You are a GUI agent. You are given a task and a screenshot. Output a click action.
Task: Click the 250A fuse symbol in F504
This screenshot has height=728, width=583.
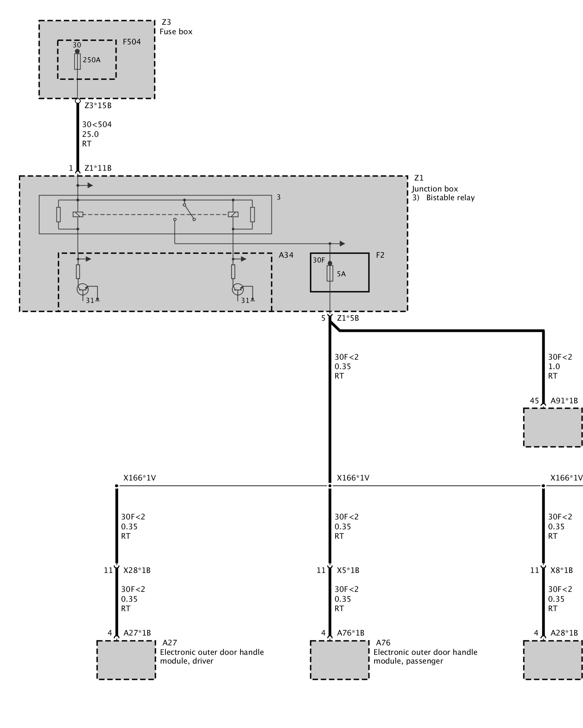point(77,62)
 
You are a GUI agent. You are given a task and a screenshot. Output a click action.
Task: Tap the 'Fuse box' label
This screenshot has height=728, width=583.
point(176,32)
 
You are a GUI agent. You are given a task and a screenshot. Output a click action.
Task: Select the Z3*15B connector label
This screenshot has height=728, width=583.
point(98,106)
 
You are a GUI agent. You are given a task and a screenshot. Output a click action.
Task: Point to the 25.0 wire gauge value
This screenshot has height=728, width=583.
point(90,134)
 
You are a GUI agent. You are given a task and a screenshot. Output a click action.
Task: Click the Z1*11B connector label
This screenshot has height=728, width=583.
point(98,168)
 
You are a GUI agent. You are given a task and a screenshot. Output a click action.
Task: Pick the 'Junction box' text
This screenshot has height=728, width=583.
point(435,189)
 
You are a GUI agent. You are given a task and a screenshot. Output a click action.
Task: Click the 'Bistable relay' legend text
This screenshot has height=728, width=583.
point(450,198)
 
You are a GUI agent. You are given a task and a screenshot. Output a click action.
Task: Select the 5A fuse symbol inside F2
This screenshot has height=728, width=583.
point(330,273)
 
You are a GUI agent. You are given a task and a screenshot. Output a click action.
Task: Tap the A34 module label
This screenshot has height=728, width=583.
point(286,255)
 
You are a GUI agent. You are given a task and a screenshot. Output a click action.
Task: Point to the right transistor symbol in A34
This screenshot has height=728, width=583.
point(238,289)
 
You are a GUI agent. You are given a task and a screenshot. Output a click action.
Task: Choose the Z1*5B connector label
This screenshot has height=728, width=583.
point(348,318)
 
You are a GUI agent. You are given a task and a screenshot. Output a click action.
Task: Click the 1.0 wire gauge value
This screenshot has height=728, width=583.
point(554,367)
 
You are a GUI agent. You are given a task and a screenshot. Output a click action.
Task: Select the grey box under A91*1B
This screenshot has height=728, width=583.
point(553,427)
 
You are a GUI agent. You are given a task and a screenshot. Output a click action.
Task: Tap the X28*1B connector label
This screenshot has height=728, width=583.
point(137,570)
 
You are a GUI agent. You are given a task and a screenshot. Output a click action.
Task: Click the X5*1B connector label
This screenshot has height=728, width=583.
point(348,570)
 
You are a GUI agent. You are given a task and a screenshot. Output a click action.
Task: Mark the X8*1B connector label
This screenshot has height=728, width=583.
point(562,570)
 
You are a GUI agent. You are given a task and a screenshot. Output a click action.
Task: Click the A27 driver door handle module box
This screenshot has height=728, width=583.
point(126,660)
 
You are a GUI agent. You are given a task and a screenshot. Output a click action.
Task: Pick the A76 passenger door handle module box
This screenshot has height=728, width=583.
point(340,660)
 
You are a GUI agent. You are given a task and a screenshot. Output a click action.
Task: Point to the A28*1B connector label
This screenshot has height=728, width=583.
point(564,633)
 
